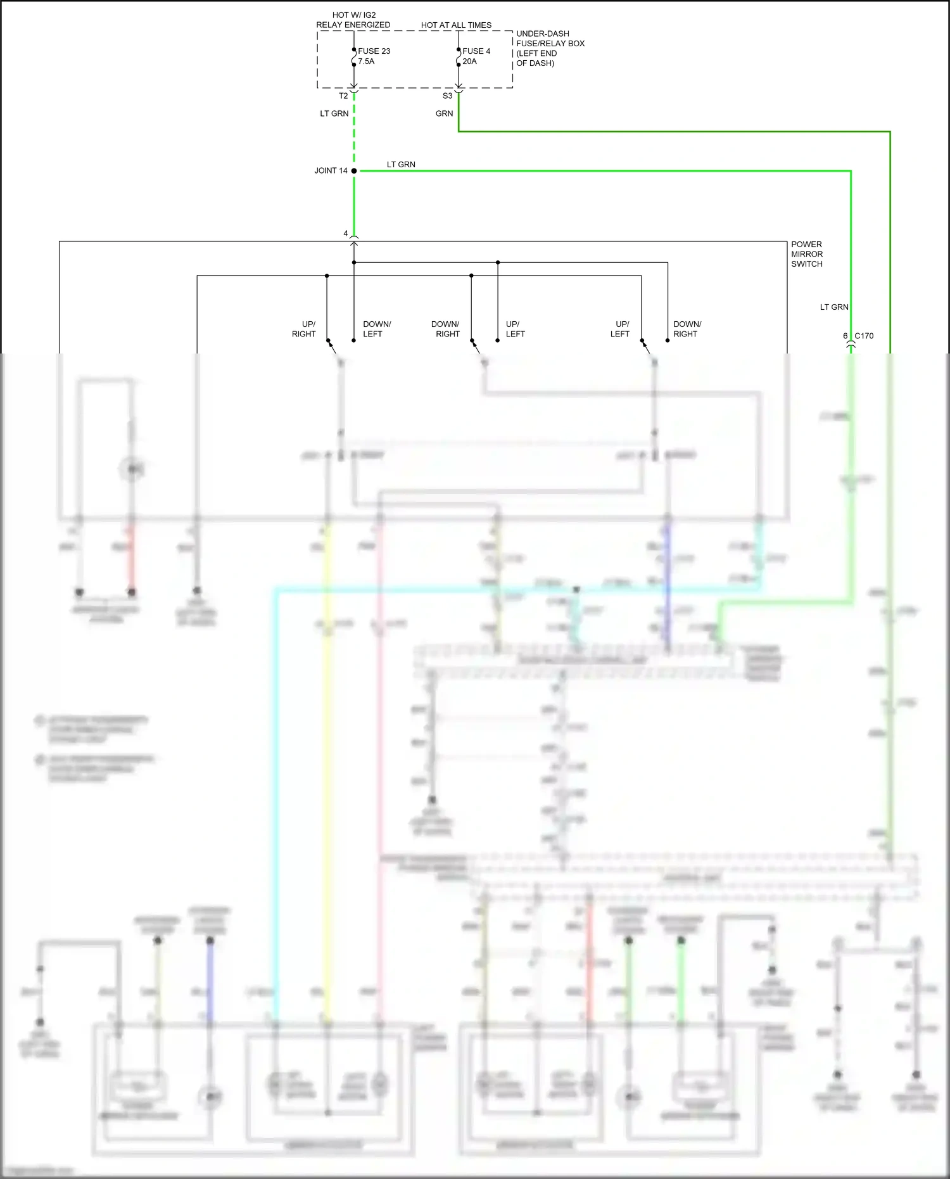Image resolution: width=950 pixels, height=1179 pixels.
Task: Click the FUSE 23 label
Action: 374,51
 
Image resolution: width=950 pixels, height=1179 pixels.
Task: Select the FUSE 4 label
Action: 476,51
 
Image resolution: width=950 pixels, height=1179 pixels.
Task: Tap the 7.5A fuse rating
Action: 366,61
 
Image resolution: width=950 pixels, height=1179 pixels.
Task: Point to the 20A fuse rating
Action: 469,61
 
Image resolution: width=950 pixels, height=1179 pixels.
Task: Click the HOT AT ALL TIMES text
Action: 456,25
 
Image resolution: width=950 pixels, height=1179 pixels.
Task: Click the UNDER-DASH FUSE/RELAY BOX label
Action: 550,48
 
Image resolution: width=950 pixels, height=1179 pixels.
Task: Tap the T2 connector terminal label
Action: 343,96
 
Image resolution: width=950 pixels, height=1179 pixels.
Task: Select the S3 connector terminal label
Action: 447,96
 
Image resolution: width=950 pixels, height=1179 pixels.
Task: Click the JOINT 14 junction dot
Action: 354,171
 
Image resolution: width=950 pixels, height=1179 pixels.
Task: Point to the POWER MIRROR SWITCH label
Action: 806,254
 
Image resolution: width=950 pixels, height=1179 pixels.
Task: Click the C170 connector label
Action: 864,336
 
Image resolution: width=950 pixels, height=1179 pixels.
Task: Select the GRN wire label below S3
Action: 444,114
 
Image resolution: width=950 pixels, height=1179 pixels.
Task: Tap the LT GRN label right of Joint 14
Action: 401,165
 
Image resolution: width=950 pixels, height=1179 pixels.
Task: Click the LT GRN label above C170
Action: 834,307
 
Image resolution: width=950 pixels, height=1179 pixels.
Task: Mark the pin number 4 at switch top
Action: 345,234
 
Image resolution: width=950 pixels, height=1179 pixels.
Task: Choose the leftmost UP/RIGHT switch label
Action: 304,329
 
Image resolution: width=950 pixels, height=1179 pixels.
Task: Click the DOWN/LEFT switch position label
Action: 377,329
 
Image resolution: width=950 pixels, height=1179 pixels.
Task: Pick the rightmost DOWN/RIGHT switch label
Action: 687,329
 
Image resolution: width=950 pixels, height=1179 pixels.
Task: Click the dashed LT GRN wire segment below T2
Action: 354,136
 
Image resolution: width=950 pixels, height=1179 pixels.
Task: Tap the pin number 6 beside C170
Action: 845,336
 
